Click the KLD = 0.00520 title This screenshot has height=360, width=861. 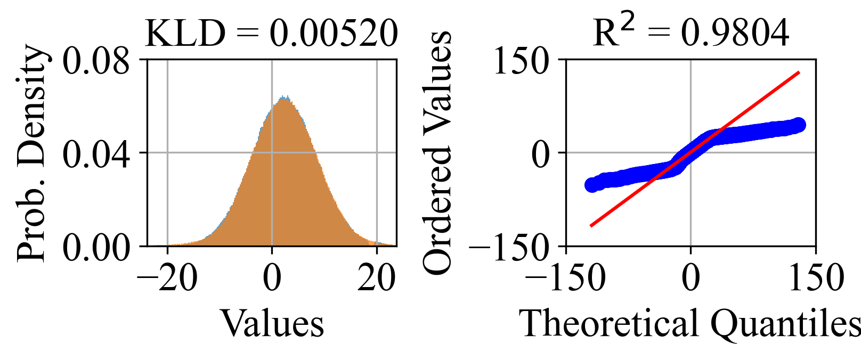click(x=271, y=33)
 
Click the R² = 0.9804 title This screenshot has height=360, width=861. click(x=691, y=33)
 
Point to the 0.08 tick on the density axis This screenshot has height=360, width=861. click(x=96, y=60)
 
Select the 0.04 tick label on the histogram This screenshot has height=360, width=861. click(x=96, y=154)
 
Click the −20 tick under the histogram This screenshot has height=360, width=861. click(x=167, y=277)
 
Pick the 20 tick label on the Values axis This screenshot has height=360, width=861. click(x=376, y=277)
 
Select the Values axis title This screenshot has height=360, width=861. click(x=272, y=323)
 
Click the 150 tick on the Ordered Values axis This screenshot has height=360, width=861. click(x=521, y=60)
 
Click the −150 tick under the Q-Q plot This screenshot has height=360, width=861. click(x=566, y=277)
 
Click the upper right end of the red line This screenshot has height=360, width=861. click(x=799, y=72)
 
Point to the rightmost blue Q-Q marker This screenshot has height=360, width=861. click(x=800, y=125)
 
